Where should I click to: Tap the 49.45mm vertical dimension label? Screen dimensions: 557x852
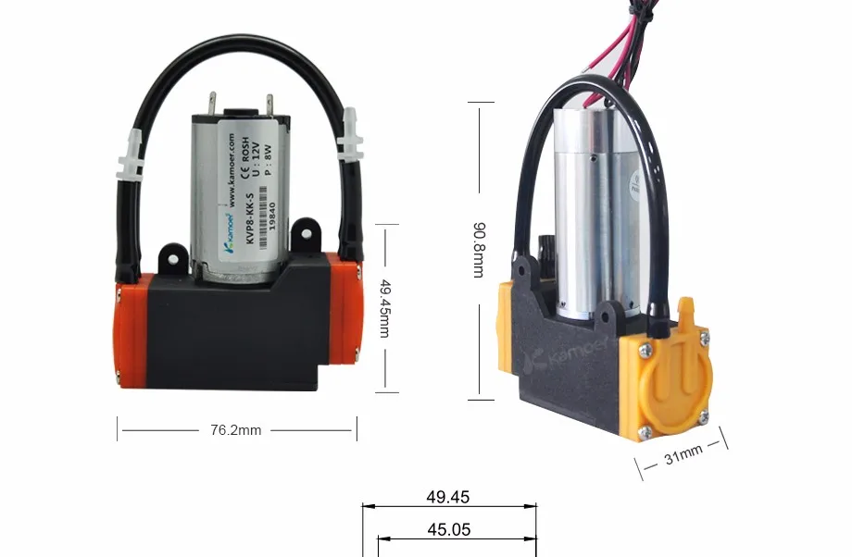384,311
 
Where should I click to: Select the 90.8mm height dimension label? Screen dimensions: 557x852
478,249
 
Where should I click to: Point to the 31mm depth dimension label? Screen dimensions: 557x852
684,455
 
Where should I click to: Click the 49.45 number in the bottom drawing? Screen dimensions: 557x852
448,497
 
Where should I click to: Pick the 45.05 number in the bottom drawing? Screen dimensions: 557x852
448,530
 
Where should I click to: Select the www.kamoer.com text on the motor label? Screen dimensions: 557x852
231,172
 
